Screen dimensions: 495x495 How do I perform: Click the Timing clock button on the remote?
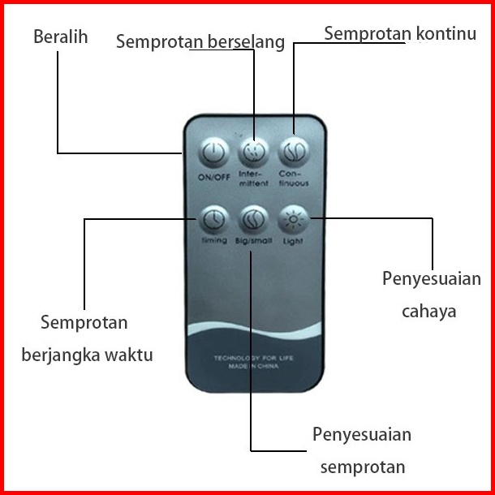(213, 219)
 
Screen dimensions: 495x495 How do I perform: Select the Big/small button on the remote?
(253, 219)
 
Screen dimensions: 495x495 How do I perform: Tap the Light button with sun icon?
(292, 218)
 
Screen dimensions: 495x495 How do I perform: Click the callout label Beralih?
(60, 37)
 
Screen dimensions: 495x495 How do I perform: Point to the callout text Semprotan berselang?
(200, 41)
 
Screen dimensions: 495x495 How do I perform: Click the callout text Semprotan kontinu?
(399, 33)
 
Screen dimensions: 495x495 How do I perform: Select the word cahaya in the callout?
(429, 311)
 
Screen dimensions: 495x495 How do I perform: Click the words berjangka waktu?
(87, 355)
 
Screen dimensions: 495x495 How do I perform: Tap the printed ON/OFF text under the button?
(213, 176)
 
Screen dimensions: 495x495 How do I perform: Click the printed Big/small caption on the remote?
(253, 241)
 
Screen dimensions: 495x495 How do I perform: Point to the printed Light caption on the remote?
(293, 241)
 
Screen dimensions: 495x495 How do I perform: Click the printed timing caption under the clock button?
(213, 241)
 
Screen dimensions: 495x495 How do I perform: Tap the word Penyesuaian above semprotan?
(362, 434)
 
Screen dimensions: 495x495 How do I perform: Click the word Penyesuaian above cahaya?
(432, 279)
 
